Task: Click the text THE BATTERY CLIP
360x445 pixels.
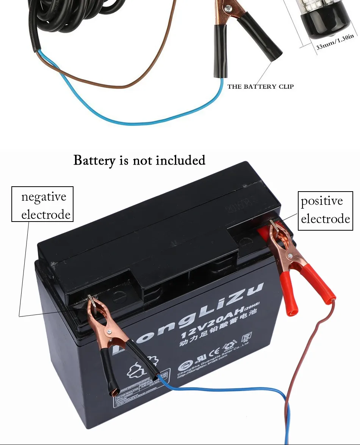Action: pyautogui.click(x=260, y=86)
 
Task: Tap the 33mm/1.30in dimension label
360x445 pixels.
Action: pyautogui.click(x=335, y=42)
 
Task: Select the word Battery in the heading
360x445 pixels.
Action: pyautogui.click(x=94, y=160)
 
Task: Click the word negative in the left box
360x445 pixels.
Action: pyautogui.click(x=44, y=197)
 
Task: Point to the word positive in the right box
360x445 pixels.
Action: pyautogui.click(x=322, y=201)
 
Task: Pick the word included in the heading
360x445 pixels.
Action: pyautogui.click(x=181, y=160)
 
